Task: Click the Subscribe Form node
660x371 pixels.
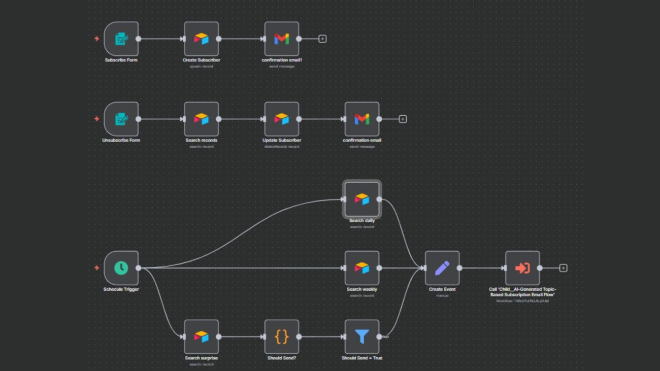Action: pyautogui.click(x=121, y=39)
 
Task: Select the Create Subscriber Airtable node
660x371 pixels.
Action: pyautogui.click(x=201, y=39)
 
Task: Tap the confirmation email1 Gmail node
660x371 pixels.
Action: pyautogui.click(x=281, y=39)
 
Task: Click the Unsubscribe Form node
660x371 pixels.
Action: pyautogui.click(x=121, y=119)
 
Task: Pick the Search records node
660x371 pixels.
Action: pyautogui.click(x=201, y=119)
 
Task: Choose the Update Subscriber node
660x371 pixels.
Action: pyautogui.click(x=281, y=119)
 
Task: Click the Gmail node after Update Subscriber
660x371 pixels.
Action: pyautogui.click(x=361, y=119)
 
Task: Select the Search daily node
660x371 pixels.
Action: pyautogui.click(x=361, y=199)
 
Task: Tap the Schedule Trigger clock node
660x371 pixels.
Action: pyautogui.click(x=121, y=268)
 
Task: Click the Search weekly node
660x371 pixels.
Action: pyautogui.click(x=361, y=268)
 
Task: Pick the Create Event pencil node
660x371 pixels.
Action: pyautogui.click(x=442, y=268)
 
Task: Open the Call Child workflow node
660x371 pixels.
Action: pyautogui.click(x=522, y=268)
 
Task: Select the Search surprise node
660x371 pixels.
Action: pyautogui.click(x=201, y=336)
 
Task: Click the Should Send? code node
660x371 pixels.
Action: pyautogui.click(x=281, y=336)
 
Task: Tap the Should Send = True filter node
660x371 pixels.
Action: pyautogui.click(x=361, y=336)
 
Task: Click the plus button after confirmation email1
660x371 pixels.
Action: pyautogui.click(x=322, y=39)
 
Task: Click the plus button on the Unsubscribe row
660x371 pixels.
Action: pyautogui.click(x=403, y=119)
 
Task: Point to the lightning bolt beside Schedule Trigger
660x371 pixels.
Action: pyautogui.click(x=97, y=268)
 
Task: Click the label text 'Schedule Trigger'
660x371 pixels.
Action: pyautogui.click(x=121, y=289)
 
